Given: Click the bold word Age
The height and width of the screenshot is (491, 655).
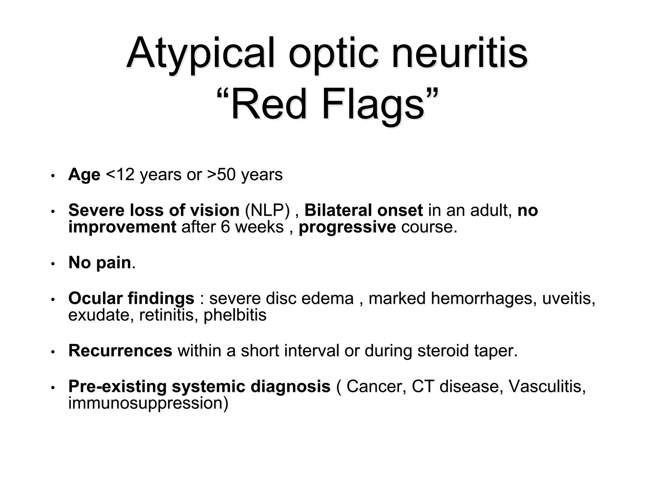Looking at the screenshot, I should (84, 175).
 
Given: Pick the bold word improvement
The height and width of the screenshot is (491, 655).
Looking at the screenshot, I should (122, 227).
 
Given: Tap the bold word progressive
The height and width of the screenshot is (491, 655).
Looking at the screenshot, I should (347, 227).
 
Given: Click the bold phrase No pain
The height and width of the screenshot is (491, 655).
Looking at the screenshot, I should (100, 262).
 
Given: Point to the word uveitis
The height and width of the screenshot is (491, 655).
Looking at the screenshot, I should (568, 298).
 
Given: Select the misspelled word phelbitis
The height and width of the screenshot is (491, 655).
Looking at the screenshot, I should (235, 315).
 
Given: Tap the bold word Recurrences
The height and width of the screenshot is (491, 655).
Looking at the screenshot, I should (120, 350).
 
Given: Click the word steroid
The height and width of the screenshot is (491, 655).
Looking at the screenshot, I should (443, 350).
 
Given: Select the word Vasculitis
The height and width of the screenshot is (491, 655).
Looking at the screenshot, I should (547, 386).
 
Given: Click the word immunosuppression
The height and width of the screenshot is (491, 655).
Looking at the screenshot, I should (148, 403).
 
